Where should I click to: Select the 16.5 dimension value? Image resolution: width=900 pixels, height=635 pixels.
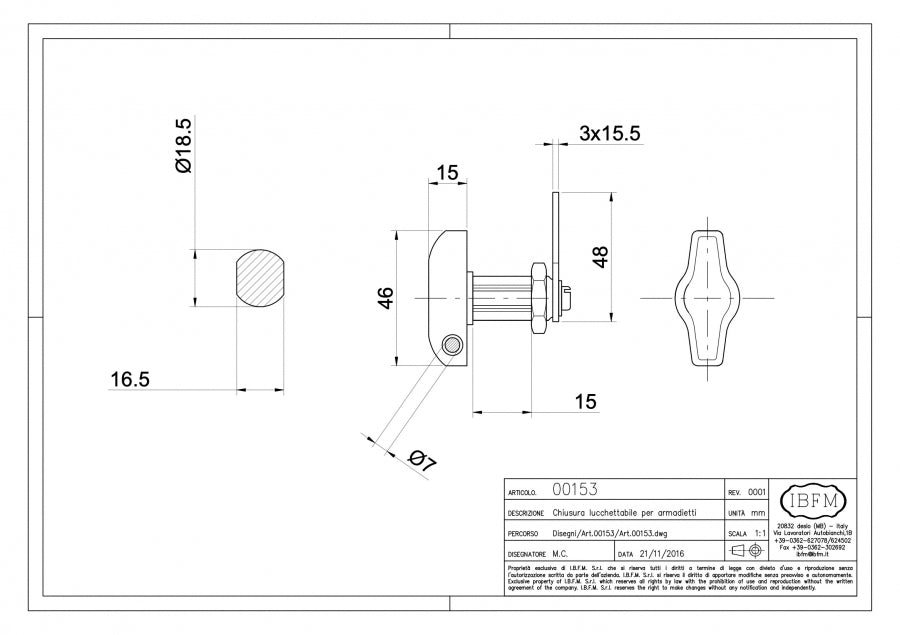[x=130, y=379]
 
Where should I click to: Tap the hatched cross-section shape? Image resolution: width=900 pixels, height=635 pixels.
[x=265, y=279]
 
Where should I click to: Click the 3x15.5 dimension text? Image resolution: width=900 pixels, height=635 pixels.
[x=609, y=133]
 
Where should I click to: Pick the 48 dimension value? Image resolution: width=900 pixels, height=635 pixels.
[x=600, y=256]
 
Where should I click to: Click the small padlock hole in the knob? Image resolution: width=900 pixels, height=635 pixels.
[x=453, y=347]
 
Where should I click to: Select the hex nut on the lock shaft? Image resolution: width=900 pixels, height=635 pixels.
[x=538, y=297]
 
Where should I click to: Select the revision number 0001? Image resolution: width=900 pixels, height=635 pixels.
[x=757, y=491]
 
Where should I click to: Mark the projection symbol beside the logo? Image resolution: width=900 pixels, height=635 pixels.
[x=748, y=551]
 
